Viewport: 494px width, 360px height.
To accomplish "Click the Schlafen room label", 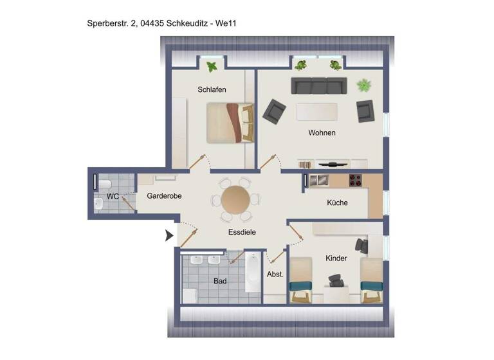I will coord(212,90).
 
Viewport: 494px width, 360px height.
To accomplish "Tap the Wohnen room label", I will coord(322,133).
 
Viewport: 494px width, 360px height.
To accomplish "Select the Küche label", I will coord(337,203).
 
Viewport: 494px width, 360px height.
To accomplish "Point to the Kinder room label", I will coord(336,258).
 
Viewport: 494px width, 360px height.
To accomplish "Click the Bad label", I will coord(221,281).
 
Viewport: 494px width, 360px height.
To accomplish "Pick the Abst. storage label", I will coord(275,274).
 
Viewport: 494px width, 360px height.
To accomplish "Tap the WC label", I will coord(113,196).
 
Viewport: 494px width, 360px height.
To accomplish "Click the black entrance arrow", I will coord(169,235).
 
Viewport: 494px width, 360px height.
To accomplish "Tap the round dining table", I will coord(236,200).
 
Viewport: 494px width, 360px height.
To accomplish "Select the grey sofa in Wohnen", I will coord(315,85).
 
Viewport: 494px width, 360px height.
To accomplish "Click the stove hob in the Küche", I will coord(356,181).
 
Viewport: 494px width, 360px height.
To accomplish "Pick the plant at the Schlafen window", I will coord(212,66).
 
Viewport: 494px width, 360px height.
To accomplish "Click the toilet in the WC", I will coord(102,185).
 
